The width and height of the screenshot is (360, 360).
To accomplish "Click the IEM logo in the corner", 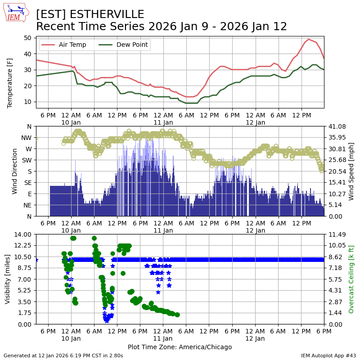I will (16, 13).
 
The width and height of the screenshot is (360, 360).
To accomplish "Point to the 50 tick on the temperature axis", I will (28, 38).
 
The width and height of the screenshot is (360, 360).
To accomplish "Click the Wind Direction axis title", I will (15, 171).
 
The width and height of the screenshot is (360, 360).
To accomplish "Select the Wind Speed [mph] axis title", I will (351, 171).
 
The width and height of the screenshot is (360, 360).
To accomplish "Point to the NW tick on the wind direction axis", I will (27, 138).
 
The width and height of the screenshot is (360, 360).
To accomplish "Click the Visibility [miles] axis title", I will (8, 279).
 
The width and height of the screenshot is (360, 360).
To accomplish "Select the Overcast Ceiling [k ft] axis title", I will (351, 279).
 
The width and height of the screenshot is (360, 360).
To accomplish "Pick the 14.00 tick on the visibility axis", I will (22, 234).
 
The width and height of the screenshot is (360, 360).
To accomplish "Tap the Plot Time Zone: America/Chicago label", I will (180, 347).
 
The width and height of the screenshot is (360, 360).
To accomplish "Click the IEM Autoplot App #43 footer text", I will (328, 355).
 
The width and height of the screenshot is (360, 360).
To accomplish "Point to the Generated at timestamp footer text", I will (63, 355).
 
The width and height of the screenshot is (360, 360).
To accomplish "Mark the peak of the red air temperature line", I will (309, 39).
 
